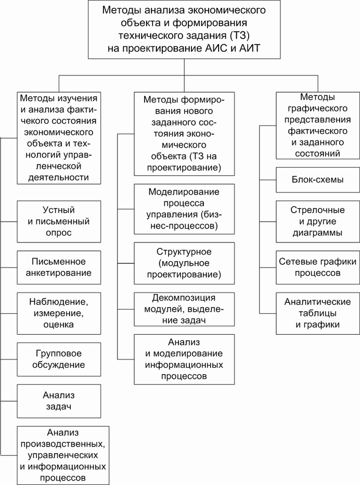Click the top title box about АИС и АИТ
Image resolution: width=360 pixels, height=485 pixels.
point(184,29)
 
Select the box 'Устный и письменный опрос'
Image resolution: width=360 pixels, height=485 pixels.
point(59,222)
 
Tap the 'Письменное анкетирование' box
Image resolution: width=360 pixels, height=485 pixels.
point(59,267)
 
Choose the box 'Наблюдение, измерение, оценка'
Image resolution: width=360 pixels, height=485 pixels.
point(59,313)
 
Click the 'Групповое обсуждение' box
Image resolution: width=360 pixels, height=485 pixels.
point(59,360)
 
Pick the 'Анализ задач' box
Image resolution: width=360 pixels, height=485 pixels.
point(59,401)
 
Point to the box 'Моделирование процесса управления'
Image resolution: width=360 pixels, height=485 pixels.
point(184,209)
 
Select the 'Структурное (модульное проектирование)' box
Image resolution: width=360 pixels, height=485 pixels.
point(184,263)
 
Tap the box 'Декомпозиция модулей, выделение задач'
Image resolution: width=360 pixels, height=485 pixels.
point(184,309)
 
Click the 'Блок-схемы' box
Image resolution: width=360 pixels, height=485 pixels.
point(318,180)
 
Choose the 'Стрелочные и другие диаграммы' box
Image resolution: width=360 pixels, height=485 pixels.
point(318,222)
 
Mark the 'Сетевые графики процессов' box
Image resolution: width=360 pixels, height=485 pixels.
point(318,267)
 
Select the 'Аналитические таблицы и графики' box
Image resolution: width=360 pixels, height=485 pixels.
point(318,313)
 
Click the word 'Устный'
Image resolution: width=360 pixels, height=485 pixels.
point(59,210)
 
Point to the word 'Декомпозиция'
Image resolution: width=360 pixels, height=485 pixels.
point(184,298)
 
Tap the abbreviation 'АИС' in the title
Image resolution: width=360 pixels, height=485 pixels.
point(216,48)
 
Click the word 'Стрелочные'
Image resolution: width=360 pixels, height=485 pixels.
point(318,210)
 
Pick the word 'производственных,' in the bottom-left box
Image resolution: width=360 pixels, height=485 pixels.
point(63,444)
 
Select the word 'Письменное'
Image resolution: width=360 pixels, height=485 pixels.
point(59,261)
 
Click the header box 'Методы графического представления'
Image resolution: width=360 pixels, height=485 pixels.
point(318,125)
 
